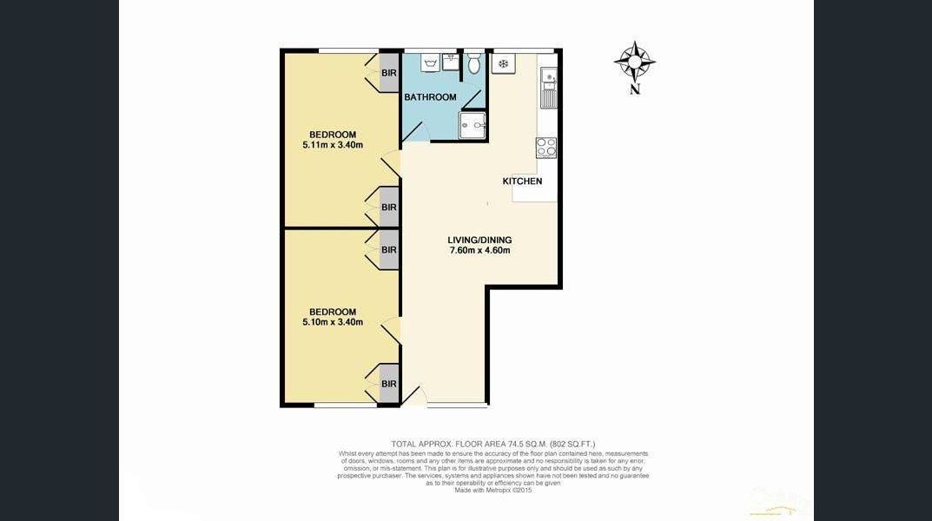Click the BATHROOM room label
coord(430,97)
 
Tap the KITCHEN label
coord(522,181)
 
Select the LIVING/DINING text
coord(479,241)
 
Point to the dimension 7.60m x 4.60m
coord(479,251)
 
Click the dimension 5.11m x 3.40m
coord(333,145)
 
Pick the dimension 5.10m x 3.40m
coord(333,322)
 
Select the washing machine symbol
coord(429,63)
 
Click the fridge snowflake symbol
coord(503,64)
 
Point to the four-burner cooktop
coord(546,148)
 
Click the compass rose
coord(634,62)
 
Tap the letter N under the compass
coord(635,89)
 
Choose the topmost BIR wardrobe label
coord(389,73)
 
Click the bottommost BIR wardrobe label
coord(389,384)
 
